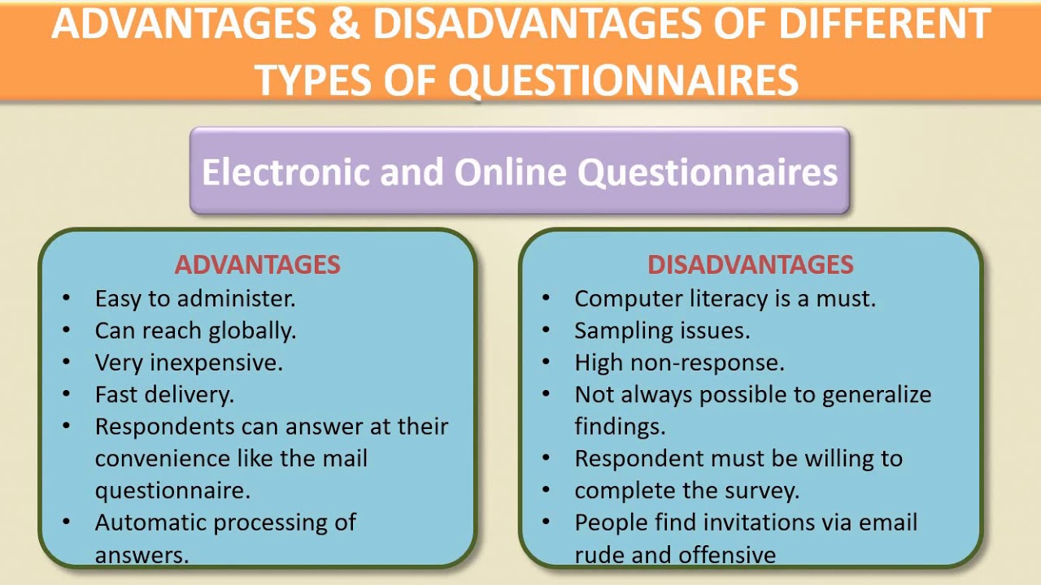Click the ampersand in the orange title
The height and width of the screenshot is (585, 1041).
pos(345,24)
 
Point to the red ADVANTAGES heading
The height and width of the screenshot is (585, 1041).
pos(258,265)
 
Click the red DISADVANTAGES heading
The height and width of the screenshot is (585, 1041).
pos(751,265)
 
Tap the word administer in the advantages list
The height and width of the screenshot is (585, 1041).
pos(236,298)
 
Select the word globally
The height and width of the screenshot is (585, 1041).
pos(252,331)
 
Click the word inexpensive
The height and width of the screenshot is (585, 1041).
pos(216,363)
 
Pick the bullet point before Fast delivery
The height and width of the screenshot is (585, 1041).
pos(66,394)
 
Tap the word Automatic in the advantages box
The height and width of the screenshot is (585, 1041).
pos(150,522)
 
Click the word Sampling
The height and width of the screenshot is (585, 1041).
pos(624,331)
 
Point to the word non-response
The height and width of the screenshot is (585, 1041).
pos(707,363)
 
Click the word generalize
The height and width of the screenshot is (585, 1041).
pos(877,396)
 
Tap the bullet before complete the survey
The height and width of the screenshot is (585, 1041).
pos(546,489)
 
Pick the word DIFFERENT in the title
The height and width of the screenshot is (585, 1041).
pos(884,24)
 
